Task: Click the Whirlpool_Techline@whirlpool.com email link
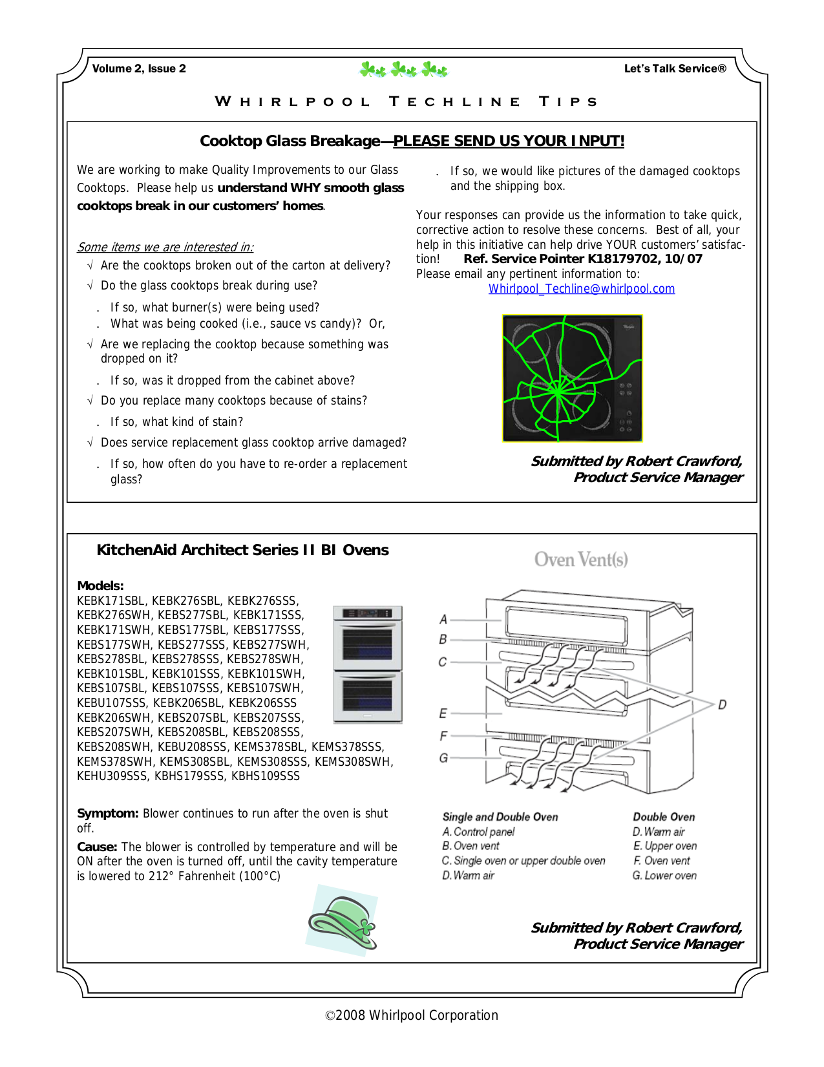(x=581, y=289)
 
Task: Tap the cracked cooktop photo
(x=572, y=378)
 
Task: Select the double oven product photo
(x=368, y=664)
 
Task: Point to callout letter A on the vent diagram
(x=443, y=619)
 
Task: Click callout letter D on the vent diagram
(x=722, y=704)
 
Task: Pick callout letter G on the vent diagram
(x=443, y=757)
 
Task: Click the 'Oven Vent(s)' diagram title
(x=580, y=560)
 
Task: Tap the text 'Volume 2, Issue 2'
(x=139, y=69)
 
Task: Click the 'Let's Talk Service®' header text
(x=675, y=69)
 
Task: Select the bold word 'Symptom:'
(x=107, y=814)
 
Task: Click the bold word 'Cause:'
(x=97, y=847)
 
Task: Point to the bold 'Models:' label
(x=100, y=586)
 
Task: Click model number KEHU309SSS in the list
(x=112, y=776)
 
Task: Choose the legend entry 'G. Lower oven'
(x=664, y=876)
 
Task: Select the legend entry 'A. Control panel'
(x=478, y=832)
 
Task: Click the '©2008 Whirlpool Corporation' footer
(x=412, y=1015)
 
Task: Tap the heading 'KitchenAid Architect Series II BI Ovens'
(x=242, y=550)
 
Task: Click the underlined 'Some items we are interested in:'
(x=165, y=247)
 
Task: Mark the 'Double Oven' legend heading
(x=663, y=817)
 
